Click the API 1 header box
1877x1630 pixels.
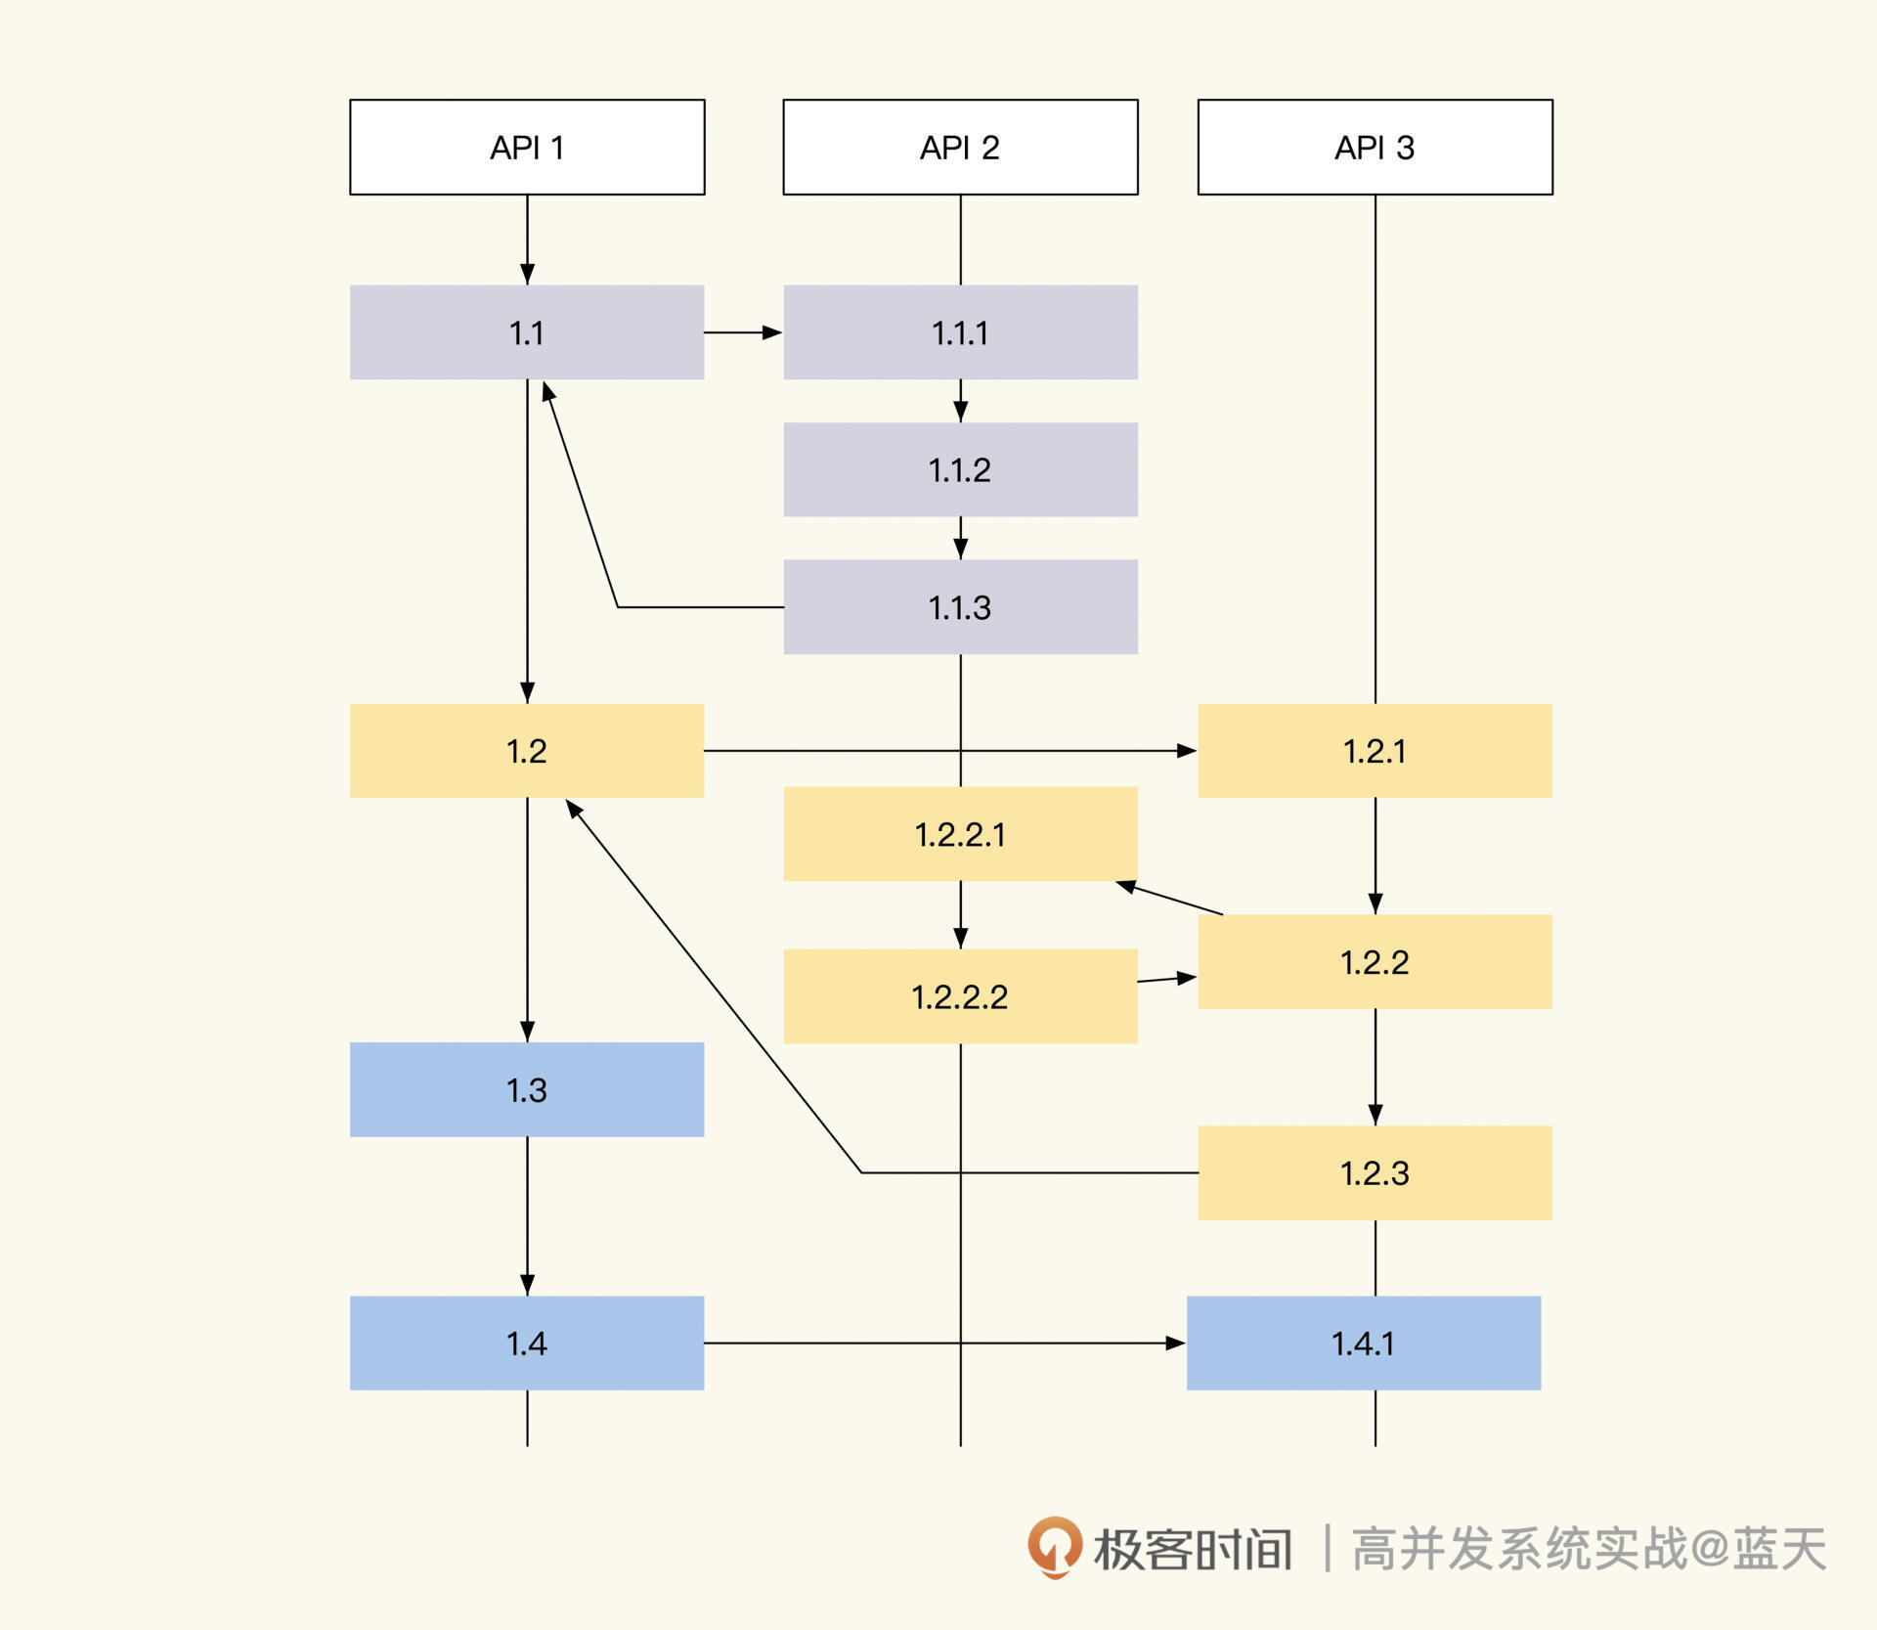click(527, 147)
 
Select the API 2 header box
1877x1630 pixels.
click(960, 147)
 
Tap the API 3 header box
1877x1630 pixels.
click(1375, 147)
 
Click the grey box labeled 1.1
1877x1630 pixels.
click(527, 332)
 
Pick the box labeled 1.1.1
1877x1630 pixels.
click(960, 332)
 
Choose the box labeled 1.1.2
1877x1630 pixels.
click(960, 469)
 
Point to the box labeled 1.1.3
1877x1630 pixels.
click(960, 607)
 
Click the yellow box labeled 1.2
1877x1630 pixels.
click(527, 751)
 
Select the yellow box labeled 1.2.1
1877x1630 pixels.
click(1375, 751)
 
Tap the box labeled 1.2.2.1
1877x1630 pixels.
click(960, 834)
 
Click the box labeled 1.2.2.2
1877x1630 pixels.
click(960, 996)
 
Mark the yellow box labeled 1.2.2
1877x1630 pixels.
click(1375, 962)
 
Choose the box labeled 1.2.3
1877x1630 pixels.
click(1375, 1172)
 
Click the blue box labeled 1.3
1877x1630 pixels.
click(527, 1089)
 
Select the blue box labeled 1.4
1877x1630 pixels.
click(527, 1343)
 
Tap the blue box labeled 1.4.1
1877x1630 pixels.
click(1363, 1343)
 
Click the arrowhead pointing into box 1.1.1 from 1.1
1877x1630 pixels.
click(772, 332)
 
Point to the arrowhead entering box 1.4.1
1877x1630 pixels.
click(1176, 1343)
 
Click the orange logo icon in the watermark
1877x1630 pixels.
click(1054, 1548)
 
